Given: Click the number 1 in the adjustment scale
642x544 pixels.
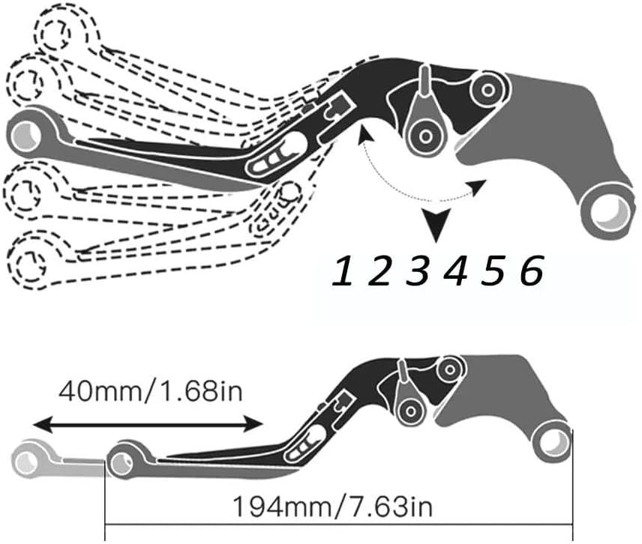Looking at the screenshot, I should [343, 271].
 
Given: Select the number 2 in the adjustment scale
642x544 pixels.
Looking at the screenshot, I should [380, 271].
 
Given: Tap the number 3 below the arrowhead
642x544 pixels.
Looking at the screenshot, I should [418, 271].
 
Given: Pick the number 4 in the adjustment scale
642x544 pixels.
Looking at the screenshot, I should [455, 271].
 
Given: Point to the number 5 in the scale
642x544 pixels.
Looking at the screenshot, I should [493, 271].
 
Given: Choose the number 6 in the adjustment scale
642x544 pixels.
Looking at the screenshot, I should [530, 271].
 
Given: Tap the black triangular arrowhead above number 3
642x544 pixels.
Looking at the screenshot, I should [434, 223].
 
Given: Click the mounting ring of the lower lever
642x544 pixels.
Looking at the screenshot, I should [553, 441].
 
